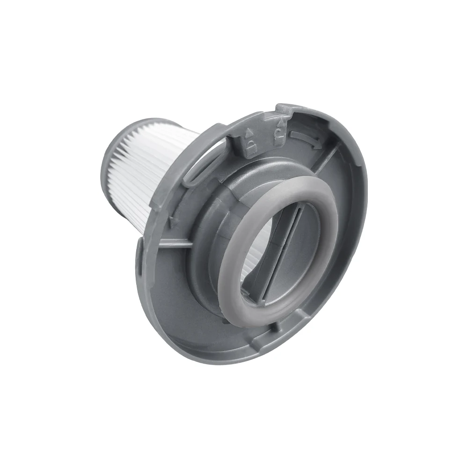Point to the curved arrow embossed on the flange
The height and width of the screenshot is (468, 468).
coord(305,136)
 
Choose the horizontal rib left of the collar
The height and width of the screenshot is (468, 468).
coord(173,242)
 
